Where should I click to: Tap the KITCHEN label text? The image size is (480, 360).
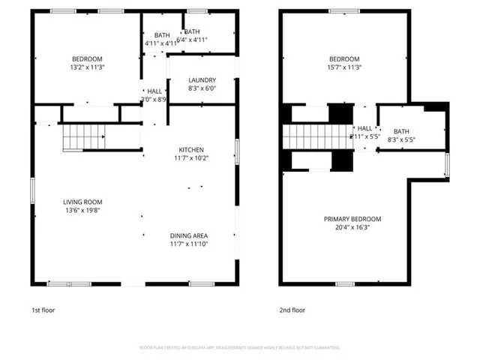[x=190, y=149]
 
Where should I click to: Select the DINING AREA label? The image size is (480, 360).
[x=190, y=235]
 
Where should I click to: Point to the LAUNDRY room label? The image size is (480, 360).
[x=202, y=80]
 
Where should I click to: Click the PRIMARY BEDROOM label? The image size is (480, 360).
[x=352, y=219]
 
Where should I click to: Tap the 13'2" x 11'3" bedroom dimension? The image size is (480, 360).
[x=87, y=67]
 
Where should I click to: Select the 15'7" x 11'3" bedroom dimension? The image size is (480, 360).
[x=345, y=67]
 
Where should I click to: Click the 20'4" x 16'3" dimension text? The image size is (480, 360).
[x=352, y=227]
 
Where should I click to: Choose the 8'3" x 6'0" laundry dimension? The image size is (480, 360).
[x=202, y=88]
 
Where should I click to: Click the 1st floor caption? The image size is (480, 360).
[x=43, y=310]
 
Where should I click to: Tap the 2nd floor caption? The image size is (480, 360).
[x=292, y=310]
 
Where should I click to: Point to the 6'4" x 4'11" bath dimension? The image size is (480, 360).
[x=192, y=40]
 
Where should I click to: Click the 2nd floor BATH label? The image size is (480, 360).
[x=401, y=131]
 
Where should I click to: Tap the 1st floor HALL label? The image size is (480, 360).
[x=154, y=91]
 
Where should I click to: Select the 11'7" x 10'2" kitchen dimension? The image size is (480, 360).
[x=190, y=157]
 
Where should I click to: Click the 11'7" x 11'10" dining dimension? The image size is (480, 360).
[x=190, y=243]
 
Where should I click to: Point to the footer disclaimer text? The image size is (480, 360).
[x=240, y=347]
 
